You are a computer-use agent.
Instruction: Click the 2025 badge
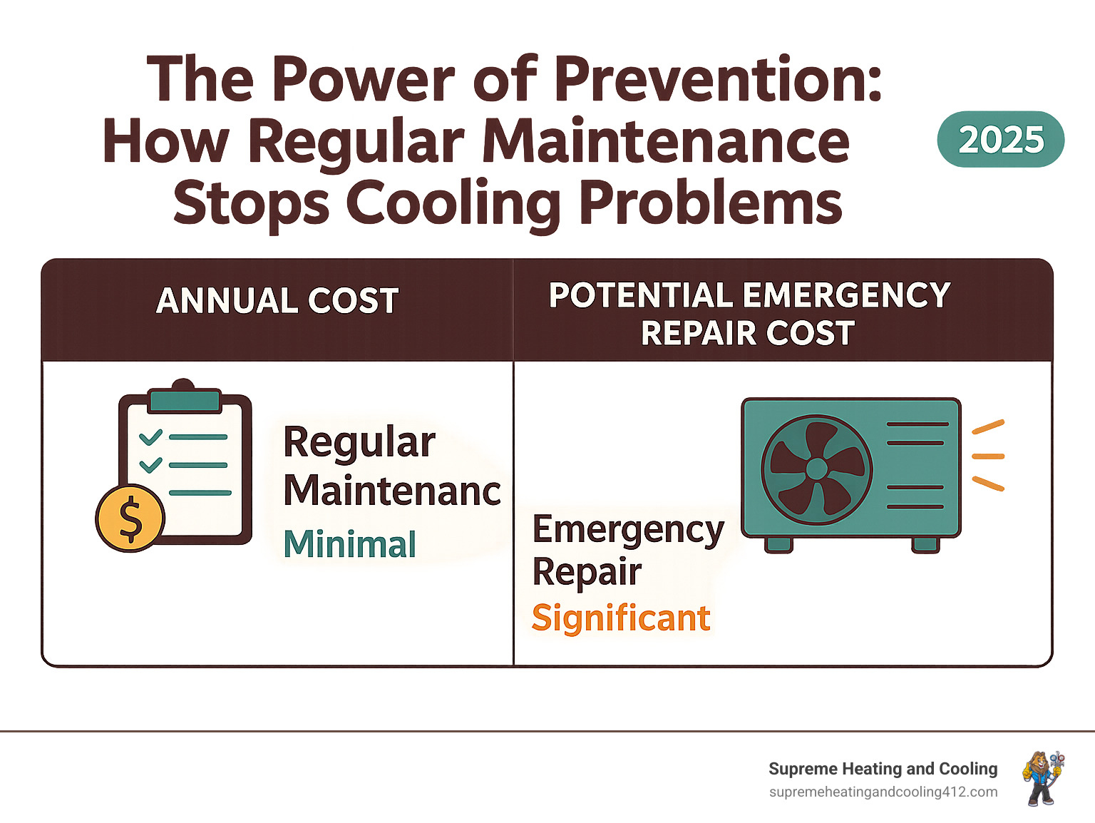click(x=1000, y=140)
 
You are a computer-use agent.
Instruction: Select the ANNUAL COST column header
click(x=277, y=301)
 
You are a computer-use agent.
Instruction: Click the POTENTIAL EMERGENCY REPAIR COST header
click(x=749, y=314)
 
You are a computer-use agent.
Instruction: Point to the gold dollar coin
click(x=130, y=518)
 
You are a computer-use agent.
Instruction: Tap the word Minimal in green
click(x=349, y=545)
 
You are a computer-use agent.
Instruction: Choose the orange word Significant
click(x=621, y=618)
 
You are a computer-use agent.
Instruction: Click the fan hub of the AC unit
click(x=816, y=469)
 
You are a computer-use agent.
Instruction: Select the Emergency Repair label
click(x=627, y=550)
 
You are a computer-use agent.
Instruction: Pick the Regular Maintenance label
click(x=391, y=466)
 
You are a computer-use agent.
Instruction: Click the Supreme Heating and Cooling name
click(x=883, y=769)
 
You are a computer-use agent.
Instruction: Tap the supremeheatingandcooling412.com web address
click(x=883, y=792)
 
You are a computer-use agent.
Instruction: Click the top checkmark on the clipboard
click(x=150, y=436)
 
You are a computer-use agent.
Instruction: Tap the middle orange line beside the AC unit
click(x=988, y=456)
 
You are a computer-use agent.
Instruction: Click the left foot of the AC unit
click(x=778, y=545)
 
